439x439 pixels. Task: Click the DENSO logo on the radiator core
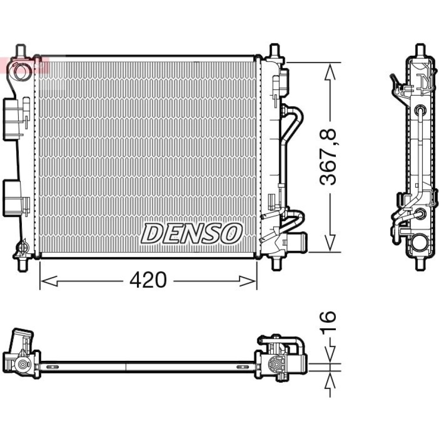tap(191, 234)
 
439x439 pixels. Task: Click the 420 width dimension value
tap(148, 280)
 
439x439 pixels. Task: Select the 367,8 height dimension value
tap(328, 157)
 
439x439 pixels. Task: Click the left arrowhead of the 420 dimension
tap(49, 281)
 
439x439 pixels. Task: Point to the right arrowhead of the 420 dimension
tap(248, 281)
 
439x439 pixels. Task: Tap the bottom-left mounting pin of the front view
tap(22, 264)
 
